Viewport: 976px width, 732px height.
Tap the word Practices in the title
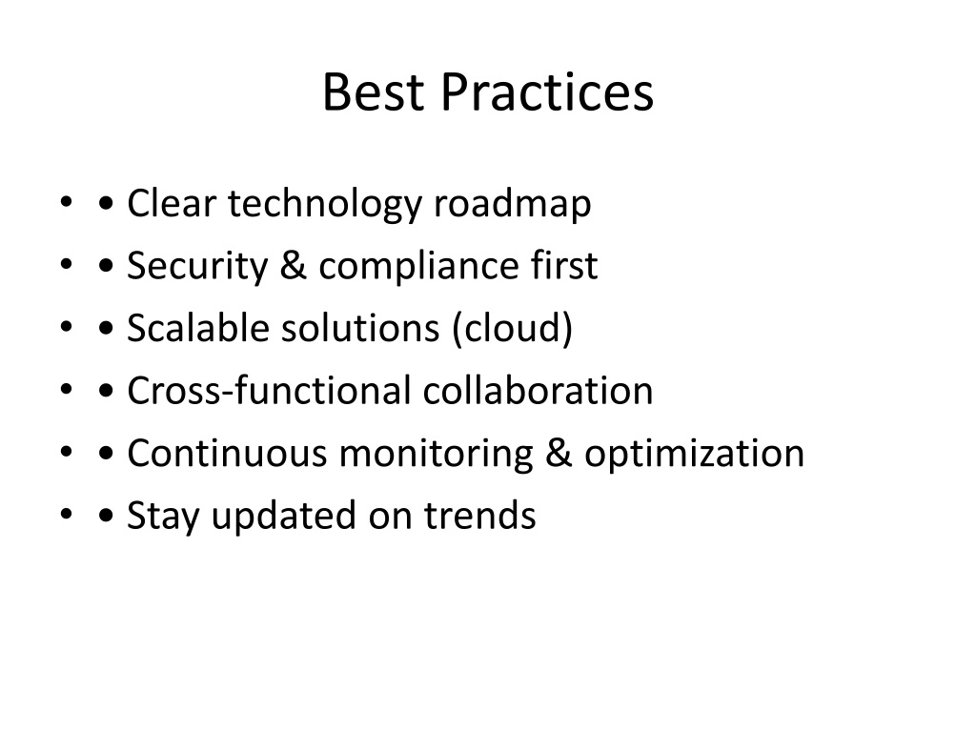click(547, 93)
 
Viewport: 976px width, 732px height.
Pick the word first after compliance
click(564, 266)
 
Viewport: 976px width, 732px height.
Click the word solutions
click(361, 328)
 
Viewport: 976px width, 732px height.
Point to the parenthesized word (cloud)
click(513, 329)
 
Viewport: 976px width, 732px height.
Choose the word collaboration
click(539, 391)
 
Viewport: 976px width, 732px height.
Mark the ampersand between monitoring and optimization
click(559, 453)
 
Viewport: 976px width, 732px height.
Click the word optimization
click(695, 454)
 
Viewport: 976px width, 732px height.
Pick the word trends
click(480, 516)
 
